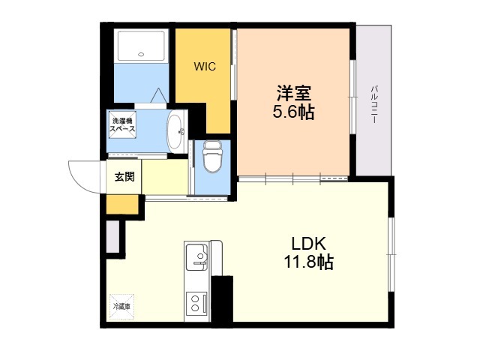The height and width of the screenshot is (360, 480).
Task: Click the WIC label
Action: [205, 67]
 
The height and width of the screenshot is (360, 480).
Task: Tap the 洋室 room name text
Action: [293, 94]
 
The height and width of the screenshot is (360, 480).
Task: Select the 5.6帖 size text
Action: [293, 113]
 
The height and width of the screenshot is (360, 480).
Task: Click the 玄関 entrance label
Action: [124, 177]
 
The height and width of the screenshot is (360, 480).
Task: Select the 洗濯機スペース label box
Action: [122, 125]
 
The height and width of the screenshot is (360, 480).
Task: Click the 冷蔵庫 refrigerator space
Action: [121, 307]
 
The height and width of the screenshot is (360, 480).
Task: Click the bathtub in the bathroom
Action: [142, 45]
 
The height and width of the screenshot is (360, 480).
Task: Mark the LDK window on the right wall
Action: [390, 255]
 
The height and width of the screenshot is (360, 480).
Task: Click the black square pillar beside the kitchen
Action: [222, 300]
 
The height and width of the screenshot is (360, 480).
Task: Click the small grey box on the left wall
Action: [112, 237]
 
